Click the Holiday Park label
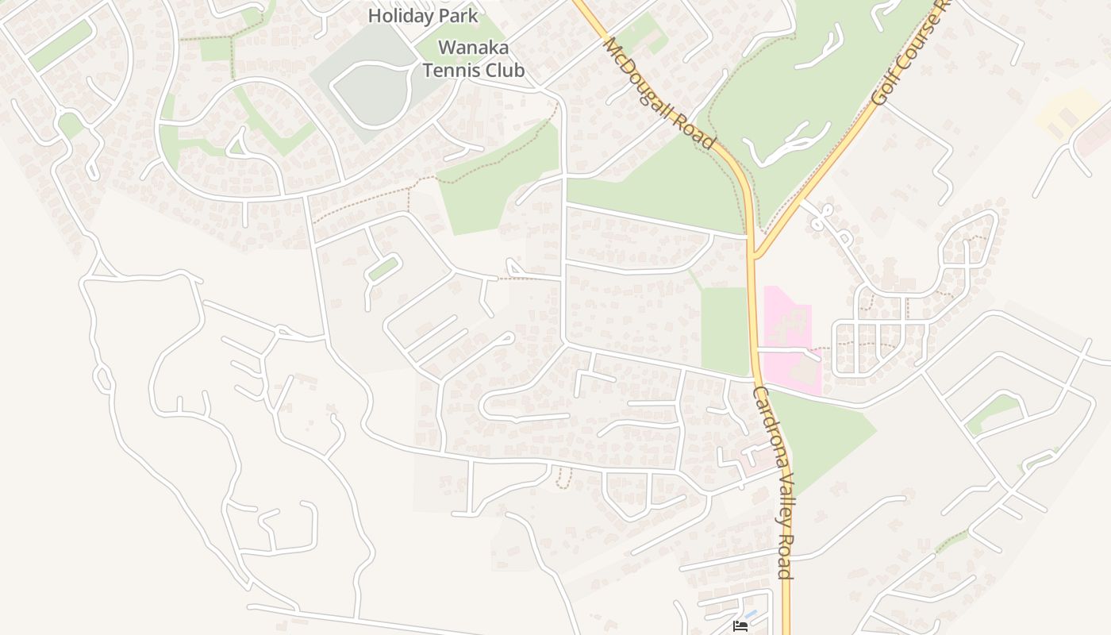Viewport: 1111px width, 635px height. coord(423,15)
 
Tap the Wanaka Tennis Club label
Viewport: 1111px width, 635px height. coord(473,59)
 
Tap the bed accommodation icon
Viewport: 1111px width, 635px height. coord(740,626)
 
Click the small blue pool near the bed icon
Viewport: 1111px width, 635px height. coord(751,614)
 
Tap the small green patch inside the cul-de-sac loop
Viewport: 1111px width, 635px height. coord(383,269)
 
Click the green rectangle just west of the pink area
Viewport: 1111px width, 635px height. coord(725,329)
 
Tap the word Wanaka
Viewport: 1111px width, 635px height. coord(473,48)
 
